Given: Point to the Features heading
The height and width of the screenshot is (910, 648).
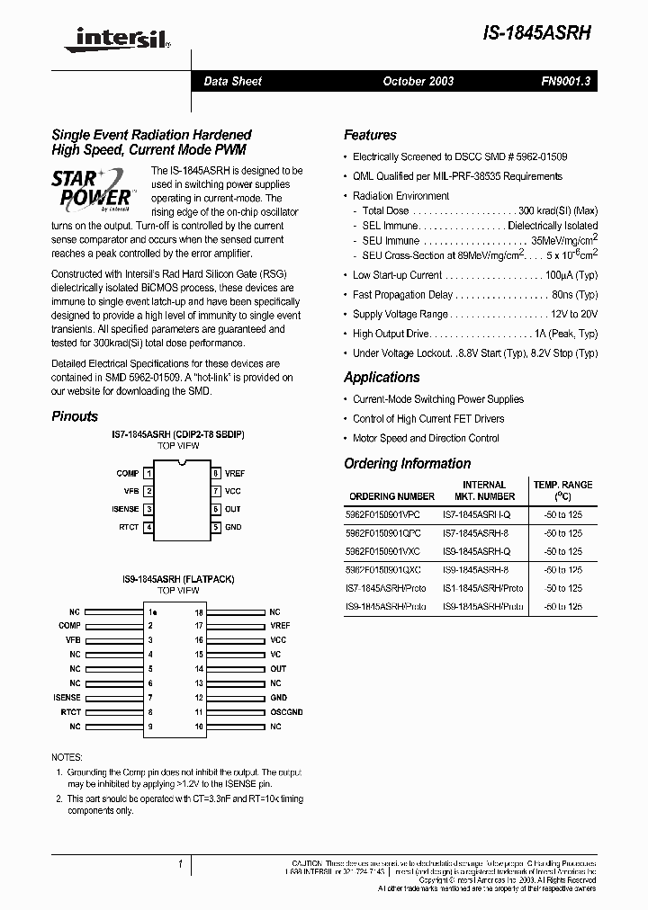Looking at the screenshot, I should [x=370, y=135].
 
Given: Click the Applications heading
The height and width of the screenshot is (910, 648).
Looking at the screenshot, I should [x=382, y=378].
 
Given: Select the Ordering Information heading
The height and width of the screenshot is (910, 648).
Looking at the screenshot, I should [x=407, y=464].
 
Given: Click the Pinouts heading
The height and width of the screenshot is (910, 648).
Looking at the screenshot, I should [x=75, y=416].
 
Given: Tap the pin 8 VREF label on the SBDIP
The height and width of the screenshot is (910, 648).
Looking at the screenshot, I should [x=234, y=473].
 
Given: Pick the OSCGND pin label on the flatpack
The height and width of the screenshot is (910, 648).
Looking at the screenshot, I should [x=285, y=711].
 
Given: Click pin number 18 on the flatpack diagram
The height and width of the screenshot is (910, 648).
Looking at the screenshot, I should [x=199, y=611].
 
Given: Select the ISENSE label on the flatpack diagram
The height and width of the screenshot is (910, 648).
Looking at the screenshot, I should [x=67, y=697].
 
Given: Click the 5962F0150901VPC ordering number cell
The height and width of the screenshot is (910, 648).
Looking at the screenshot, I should [x=382, y=515].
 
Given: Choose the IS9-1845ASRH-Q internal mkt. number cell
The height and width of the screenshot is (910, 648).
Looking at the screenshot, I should [x=476, y=551].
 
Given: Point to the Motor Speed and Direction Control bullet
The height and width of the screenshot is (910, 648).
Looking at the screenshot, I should [x=426, y=438].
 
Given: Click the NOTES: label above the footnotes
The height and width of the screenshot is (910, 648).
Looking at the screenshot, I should [x=67, y=757].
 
